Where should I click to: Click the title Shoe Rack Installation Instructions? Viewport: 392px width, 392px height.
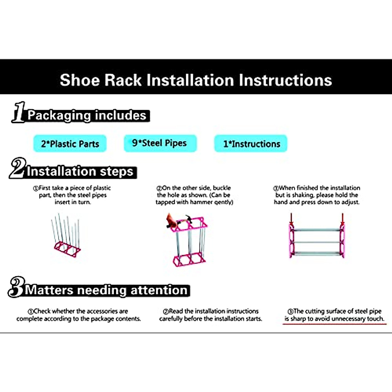tap(196, 80)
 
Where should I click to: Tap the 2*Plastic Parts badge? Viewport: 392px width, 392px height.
tap(70, 144)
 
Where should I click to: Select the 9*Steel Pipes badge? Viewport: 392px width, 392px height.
tap(160, 143)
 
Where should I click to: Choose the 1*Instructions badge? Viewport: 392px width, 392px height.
tap(251, 144)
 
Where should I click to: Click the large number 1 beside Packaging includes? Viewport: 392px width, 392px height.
tap(19, 112)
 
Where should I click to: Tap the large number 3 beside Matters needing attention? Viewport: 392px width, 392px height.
tap(16, 287)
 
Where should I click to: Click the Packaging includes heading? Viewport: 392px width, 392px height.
tap(87, 115)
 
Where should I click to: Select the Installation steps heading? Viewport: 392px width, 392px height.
tap(80, 171)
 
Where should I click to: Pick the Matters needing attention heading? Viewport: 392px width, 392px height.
tap(106, 290)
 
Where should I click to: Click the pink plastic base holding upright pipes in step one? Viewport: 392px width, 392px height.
tap(67, 250)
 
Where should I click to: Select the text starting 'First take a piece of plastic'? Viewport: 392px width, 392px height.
tap(73, 195)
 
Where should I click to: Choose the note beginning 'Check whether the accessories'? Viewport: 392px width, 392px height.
tap(79, 315)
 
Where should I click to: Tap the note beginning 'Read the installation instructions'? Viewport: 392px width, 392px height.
tap(211, 315)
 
